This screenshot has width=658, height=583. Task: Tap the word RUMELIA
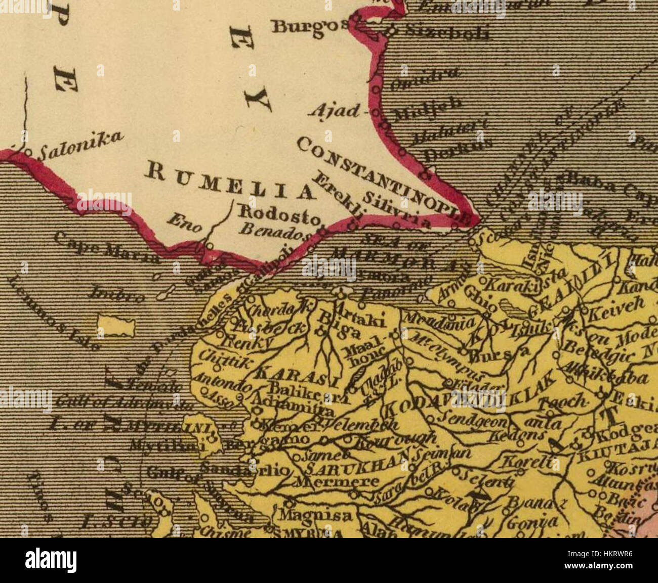[227, 183]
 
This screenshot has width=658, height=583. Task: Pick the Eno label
[185, 222]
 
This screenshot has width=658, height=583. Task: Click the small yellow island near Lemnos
[116, 327]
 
